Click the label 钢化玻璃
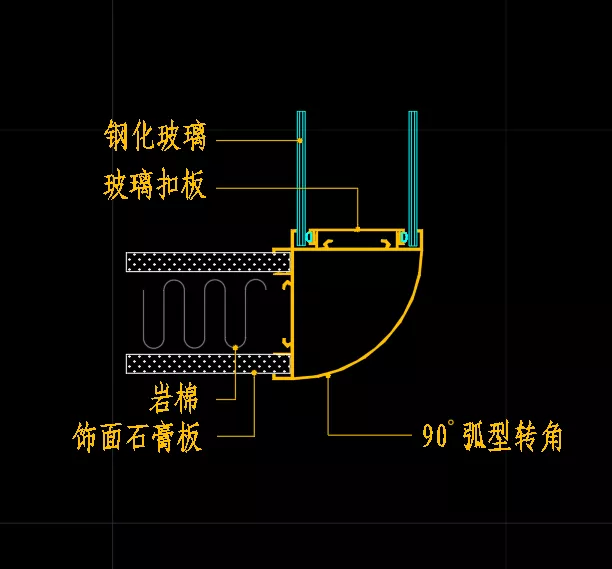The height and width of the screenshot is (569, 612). (155, 135)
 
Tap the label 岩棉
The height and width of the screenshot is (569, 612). (174, 398)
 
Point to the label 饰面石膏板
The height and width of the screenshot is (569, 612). (137, 436)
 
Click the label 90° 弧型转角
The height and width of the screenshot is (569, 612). (492, 436)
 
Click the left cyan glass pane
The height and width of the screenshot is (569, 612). (301, 178)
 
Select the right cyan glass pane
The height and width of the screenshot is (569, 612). (413, 178)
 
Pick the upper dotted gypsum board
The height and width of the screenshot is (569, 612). (208, 262)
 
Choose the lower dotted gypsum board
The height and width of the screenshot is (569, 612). (208, 364)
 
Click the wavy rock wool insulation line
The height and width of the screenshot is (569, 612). (205, 314)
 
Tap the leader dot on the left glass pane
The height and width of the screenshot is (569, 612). (300, 140)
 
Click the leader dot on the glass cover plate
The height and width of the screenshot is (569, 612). (358, 229)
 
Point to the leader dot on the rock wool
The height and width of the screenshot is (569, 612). (235, 347)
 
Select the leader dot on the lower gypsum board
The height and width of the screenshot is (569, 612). (254, 373)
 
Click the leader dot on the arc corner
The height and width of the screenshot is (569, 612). (329, 375)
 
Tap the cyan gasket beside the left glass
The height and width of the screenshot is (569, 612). (310, 237)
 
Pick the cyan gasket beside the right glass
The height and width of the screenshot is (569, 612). (404, 237)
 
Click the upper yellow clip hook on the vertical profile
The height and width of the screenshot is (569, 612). (287, 285)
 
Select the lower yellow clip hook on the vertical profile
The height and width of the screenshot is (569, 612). (287, 342)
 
